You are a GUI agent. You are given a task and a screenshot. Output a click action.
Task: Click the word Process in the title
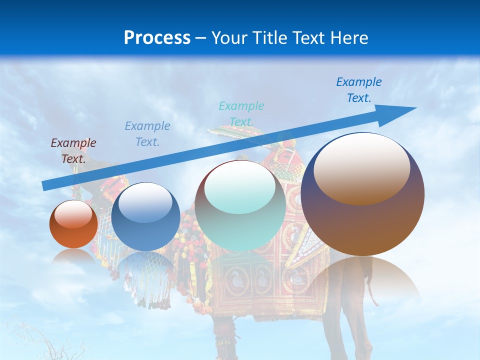pyautogui.click(x=157, y=38)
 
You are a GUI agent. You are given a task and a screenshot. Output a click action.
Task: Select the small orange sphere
pyautogui.click(x=73, y=224)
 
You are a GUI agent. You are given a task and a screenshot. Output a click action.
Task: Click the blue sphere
pyautogui.click(x=145, y=217)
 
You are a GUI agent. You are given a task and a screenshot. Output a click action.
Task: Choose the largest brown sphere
pyautogui.click(x=362, y=194)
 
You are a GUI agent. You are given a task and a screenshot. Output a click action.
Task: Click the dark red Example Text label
pyautogui.click(x=73, y=150)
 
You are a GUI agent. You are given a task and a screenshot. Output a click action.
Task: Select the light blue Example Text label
pyautogui.click(x=147, y=133)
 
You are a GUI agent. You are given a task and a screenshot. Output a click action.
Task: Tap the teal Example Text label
pyautogui.click(x=241, y=113)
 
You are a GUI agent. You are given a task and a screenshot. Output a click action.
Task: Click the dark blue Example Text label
pyautogui.click(x=358, y=89)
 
